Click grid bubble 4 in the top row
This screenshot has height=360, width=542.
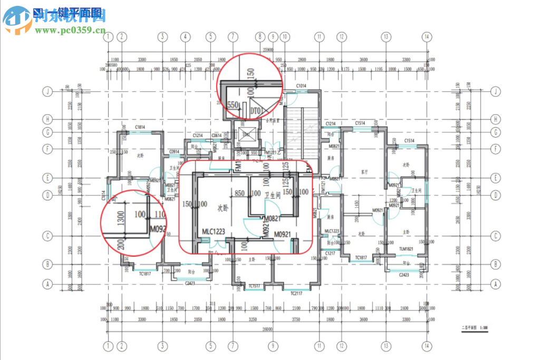(x=185, y=37)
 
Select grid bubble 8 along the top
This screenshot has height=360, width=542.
(x=259, y=37)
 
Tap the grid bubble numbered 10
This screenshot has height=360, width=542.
(x=285, y=37)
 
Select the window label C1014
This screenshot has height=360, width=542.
(x=301, y=85)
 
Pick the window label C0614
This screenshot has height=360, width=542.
(x=217, y=135)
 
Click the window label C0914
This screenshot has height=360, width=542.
(x=175, y=152)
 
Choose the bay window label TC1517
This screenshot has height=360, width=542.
(x=253, y=286)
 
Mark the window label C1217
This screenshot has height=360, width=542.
(x=331, y=254)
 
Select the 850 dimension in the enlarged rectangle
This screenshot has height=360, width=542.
(x=239, y=193)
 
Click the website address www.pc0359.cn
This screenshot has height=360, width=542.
(x=71, y=30)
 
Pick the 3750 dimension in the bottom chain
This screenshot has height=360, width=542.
(x=295, y=319)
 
